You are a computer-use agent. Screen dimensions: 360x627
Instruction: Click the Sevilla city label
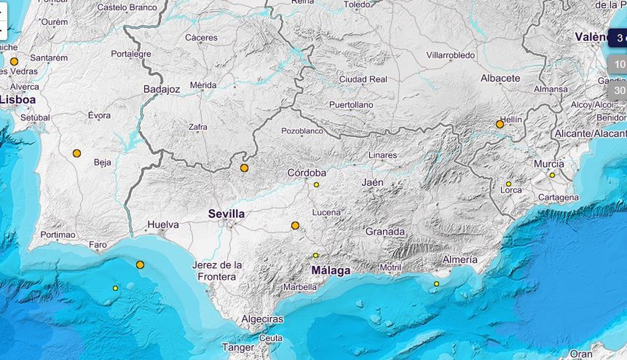coord(227,214)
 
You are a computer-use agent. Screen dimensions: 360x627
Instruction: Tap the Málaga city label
coord(331,271)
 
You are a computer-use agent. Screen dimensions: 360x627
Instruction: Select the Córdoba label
coord(306,173)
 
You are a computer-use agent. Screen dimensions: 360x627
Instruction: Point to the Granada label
coord(385,232)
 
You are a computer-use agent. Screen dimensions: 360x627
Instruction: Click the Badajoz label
coord(161,89)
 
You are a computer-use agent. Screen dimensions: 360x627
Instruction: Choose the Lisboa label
coord(18,100)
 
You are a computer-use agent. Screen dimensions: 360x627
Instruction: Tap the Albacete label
coord(500,78)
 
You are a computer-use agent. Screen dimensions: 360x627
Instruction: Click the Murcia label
coord(549,164)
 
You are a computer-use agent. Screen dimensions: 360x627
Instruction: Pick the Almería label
coord(460,260)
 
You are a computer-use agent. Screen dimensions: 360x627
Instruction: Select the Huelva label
coord(163,225)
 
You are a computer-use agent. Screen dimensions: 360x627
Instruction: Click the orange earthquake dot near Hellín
coord(500,124)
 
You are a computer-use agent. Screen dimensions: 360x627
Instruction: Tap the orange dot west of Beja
coord(77,153)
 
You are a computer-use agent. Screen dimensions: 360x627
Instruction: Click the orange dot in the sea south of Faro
coord(140,265)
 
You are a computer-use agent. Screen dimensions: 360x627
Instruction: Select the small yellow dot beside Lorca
coord(508,184)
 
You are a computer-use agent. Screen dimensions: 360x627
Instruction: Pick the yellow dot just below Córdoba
coord(316,185)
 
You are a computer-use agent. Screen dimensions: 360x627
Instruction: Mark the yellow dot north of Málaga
coord(315,255)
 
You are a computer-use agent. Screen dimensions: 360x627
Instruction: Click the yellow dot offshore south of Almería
coord(436,284)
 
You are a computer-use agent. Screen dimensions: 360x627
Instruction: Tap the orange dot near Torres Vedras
coord(14,62)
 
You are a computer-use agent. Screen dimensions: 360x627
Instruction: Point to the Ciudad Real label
coord(363,79)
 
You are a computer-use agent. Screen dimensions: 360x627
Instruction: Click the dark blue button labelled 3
coord(618,38)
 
